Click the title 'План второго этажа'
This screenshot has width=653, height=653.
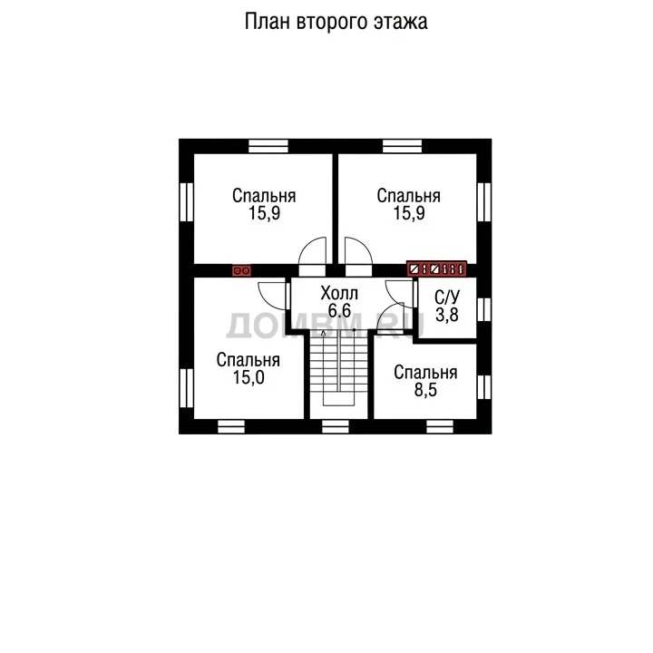pos(336,22)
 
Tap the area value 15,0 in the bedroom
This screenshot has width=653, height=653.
pos(249,377)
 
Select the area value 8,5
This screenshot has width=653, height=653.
pos(425,390)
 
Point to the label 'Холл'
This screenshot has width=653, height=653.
pos(339,294)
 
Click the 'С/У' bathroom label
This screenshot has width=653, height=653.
pos(447,297)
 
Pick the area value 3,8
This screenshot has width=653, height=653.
pos(447,315)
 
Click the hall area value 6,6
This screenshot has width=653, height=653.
pos(339,311)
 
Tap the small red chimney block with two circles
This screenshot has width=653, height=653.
pos(241,270)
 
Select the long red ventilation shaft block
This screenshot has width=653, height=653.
pos(436,268)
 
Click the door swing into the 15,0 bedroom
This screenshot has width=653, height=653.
pos(273,296)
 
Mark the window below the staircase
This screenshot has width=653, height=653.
pos(336,426)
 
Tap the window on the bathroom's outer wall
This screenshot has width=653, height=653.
pos(484,309)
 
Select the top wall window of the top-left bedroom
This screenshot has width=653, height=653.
pos(268,146)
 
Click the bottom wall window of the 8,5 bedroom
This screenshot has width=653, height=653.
pos(440,426)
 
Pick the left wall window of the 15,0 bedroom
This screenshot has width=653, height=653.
pos(187,388)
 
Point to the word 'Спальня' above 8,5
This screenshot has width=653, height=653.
pos(425,373)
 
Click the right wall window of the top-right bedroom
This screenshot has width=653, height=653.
pos(484,202)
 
